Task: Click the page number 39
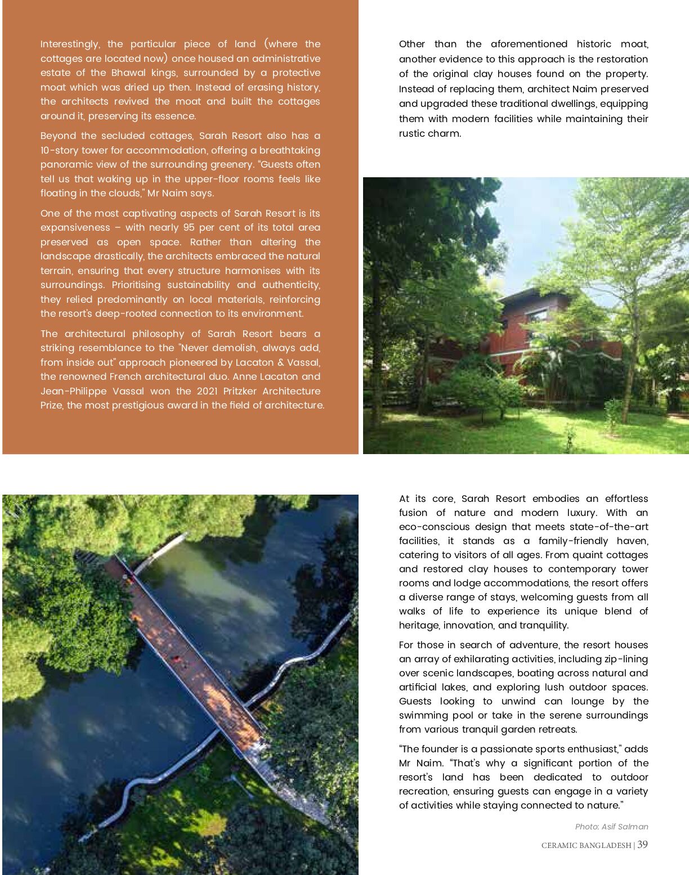[x=642, y=845]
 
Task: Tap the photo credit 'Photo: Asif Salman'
[x=611, y=827]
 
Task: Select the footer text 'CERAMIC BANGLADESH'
[x=586, y=845]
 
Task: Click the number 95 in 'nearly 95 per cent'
[x=189, y=227]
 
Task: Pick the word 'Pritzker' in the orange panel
[x=238, y=391]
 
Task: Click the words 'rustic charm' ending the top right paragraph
[x=430, y=133]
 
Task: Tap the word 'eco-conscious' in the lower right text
[x=434, y=527]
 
